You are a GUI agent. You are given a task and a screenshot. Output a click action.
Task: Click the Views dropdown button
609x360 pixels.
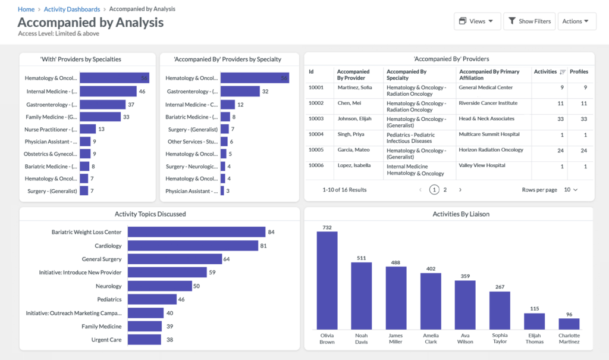pos(477,21)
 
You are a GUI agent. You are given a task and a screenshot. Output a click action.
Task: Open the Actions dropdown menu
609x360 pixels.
pos(577,21)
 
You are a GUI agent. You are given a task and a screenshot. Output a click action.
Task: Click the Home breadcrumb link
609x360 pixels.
pos(26,10)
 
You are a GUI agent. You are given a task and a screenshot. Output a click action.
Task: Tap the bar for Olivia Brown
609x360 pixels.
pos(327,280)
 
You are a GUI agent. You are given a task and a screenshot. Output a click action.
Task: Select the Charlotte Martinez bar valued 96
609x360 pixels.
pos(569,324)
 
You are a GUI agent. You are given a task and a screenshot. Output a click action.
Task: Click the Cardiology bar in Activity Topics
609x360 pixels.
pos(193,246)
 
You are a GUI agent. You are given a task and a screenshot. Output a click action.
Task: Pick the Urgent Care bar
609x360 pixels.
pos(144,339)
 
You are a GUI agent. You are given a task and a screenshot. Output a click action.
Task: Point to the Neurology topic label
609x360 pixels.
pos(108,286)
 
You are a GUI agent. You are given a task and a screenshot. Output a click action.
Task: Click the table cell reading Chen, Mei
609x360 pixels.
pos(349,103)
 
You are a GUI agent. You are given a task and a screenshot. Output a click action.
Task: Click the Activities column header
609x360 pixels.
pos(545,71)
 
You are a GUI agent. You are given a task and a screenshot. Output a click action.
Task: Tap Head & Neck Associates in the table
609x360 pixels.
pos(486,118)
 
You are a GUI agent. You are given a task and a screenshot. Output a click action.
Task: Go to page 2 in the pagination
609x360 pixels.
pos(445,190)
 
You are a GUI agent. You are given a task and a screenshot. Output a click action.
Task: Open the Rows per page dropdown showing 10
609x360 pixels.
pos(570,190)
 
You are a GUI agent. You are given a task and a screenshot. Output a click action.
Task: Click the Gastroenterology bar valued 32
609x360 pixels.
pos(240,91)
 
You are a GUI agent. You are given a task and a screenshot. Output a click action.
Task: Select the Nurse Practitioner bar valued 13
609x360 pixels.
pos(87,129)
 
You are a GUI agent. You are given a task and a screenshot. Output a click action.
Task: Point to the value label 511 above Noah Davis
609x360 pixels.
pos(361,258)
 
